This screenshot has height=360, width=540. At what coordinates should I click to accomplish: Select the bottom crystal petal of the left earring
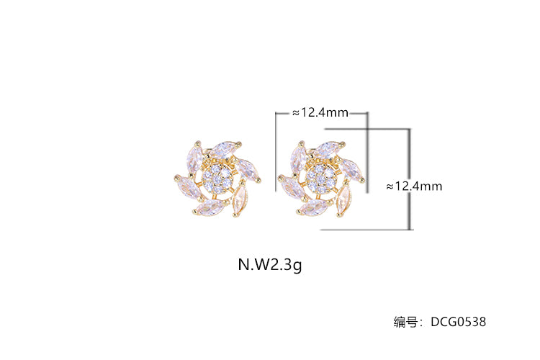[x=210, y=208]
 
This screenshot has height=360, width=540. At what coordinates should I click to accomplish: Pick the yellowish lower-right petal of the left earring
[x=240, y=201]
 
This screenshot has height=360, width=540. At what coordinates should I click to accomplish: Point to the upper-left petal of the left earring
[x=194, y=158]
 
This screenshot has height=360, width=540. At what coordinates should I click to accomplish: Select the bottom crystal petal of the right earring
[x=314, y=208]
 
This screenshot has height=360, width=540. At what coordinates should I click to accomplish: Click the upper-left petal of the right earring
[x=298, y=158]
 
